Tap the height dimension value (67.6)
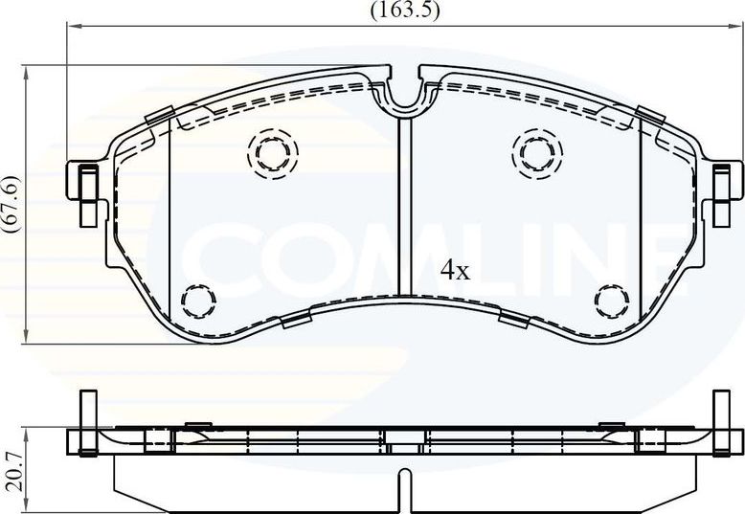coord(12,202)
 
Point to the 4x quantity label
coord(455,271)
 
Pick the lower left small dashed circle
coord(198,301)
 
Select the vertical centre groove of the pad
coord(404,201)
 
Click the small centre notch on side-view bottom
coord(404,475)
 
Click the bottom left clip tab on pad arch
coord(298,318)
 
